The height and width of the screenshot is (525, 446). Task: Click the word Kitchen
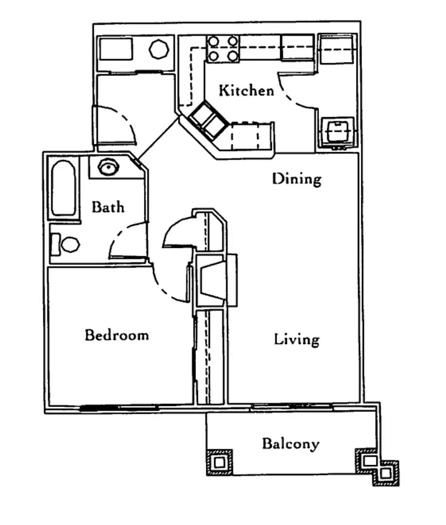click(x=246, y=90)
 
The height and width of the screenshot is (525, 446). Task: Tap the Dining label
click(x=297, y=179)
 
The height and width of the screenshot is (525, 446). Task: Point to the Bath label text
click(x=108, y=207)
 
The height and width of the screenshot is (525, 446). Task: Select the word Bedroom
click(x=117, y=335)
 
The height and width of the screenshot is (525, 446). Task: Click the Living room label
click(x=297, y=339)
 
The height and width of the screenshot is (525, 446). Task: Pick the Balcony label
click(x=290, y=444)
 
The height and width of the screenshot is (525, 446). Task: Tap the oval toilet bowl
click(x=70, y=245)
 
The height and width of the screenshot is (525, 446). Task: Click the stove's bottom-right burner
click(x=232, y=56)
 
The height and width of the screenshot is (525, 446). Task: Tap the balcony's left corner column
click(x=219, y=462)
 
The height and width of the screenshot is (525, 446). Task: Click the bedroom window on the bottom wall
click(x=119, y=407)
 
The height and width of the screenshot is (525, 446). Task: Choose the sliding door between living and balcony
click(x=292, y=406)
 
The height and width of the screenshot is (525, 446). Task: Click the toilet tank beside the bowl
click(x=55, y=245)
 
